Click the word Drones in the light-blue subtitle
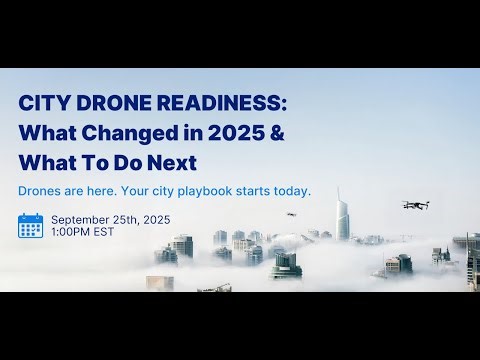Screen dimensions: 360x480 (x=40, y=190)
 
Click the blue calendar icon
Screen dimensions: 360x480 (x=30, y=225)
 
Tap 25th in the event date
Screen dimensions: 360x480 (x=133, y=219)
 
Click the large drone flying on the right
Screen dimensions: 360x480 (x=416, y=204)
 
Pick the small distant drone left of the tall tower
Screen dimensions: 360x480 (x=292, y=214)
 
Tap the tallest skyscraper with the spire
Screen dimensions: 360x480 (x=342, y=215)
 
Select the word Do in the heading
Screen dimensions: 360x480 (x=123, y=163)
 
